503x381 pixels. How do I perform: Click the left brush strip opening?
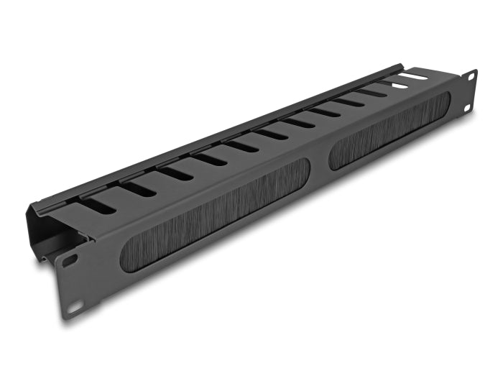216,215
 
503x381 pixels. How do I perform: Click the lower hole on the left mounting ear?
75,305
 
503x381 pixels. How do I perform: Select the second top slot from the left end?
137,189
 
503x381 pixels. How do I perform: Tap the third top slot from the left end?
175,173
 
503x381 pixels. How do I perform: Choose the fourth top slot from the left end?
209,159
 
